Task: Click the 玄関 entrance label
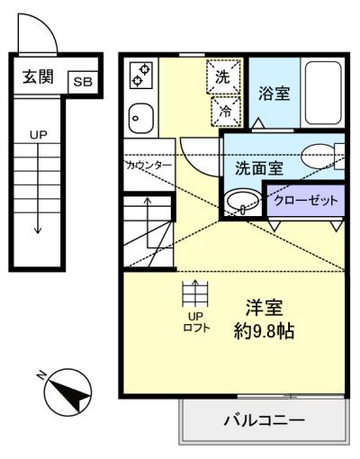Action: point(38,76)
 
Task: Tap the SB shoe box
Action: point(83,82)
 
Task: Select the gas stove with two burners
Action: point(140,75)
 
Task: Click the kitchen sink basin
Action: point(140,118)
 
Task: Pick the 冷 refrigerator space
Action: point(226,112)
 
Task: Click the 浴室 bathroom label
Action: point(274,94)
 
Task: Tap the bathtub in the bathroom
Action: point(323,94)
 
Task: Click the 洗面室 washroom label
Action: point(259,168)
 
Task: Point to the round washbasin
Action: point(243,201)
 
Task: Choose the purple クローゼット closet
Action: point(305,201)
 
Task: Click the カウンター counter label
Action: point(149,165)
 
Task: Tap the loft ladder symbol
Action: point(195,293)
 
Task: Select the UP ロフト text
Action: point(196,321)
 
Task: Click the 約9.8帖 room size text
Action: point(264,331)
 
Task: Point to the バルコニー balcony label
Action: point(265,420)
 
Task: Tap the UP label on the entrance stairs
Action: point(38,135)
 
